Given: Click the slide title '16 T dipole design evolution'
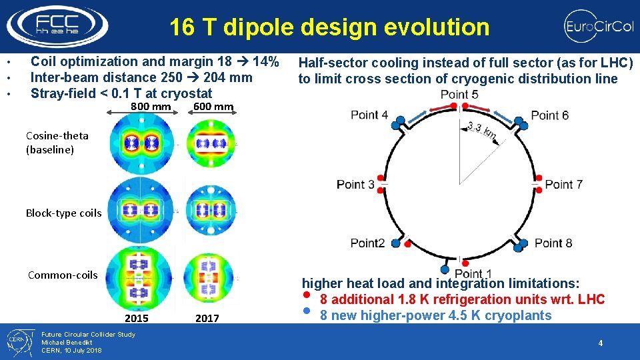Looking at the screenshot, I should pos(329,27).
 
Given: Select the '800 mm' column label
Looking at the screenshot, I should pos(150,107).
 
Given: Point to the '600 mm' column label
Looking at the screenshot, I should pos(213,107).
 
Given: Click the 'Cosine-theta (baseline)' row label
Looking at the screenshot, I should pos(57,143).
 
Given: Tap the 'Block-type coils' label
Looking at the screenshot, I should pos(63,213).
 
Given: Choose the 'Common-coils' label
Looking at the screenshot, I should pos(63,275).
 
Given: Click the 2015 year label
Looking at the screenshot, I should pos(137,318).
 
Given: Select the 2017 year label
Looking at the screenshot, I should pos(207,318).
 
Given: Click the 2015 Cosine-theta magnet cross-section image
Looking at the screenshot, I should pos(144,143).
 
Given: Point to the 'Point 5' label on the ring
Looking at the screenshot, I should pos(459,95).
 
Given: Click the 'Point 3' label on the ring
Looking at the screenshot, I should pos(355,184).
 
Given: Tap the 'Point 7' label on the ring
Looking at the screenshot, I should pos(564,184).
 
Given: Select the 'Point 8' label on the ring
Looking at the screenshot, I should pos(553,243).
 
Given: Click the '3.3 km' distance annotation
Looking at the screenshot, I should pos(481,132).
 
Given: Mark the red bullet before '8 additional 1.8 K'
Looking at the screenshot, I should pos(306,295).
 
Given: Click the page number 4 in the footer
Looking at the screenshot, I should pos(600,343).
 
